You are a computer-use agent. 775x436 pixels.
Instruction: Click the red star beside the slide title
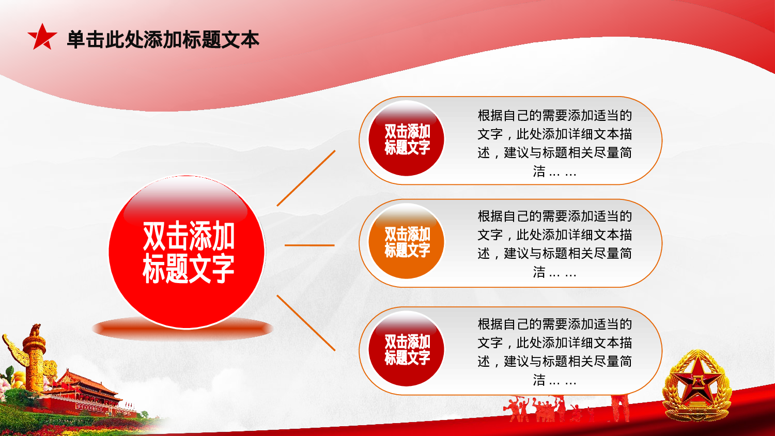[x=42, y=37]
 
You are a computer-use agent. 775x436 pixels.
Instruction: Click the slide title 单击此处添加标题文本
[x=163, y=39]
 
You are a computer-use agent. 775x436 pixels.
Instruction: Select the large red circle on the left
[x=187, y=252]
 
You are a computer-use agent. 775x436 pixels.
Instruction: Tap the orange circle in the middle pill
[x=407, y=241]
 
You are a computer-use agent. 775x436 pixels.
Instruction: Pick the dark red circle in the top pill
[x=407, y=138]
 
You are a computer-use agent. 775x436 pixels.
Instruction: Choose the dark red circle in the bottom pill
[x=407, y=349]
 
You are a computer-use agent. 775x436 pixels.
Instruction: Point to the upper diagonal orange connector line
[x=306, y=178]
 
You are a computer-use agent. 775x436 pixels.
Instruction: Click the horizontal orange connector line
[x=309, y=245]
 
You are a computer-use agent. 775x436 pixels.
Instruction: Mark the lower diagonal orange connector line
[x=306, y=323]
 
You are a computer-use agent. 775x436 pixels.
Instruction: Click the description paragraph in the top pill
[x=554, y=143]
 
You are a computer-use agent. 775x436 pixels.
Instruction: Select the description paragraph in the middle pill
[x=554, y=244]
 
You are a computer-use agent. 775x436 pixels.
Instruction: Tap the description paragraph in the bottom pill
[x=554, y=352]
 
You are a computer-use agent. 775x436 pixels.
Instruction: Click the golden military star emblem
[x=697, y=386]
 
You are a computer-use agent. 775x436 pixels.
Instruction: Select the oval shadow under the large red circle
[x=183, y=328]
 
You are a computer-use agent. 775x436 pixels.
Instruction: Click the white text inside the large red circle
[x=189, y=252]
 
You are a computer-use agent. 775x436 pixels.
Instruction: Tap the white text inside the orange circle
[x=407, y=242]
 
